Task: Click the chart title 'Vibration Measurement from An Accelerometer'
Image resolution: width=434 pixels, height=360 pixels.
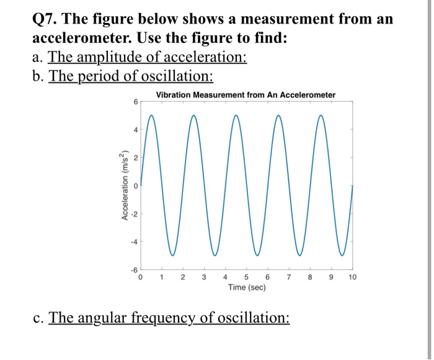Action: click(246, 95)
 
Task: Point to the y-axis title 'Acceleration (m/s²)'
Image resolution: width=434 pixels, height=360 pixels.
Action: click(126, 186)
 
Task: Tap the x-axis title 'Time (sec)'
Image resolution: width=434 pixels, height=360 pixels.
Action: click(246, 288)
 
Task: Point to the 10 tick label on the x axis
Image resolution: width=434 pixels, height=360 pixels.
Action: click(353, 277)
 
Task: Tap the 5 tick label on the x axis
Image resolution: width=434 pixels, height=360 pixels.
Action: click(247, 277)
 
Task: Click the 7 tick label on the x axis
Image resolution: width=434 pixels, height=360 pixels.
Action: click(289, 277)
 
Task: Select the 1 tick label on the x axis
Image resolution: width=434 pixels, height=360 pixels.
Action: click(162, 277)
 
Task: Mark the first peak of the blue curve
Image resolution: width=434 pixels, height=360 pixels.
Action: click(151, 115)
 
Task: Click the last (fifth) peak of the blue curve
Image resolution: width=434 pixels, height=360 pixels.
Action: click(321, 115)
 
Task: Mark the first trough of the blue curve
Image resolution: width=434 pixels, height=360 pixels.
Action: click(172, 255)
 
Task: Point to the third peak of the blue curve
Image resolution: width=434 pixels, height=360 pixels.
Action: click(236, 115)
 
